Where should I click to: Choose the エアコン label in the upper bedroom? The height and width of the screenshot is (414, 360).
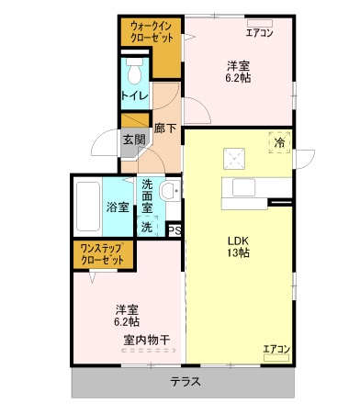[258, 33]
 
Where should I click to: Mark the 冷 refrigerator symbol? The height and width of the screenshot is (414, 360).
[278, 141]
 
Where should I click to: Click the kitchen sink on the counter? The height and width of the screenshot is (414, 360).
[245, 187]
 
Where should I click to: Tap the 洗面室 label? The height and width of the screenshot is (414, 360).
[147, 196]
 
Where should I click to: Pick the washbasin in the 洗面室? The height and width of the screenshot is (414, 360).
[168, 192]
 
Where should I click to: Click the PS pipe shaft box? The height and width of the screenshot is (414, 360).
[173, 229]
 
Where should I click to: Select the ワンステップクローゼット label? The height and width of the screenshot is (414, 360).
[100, 254]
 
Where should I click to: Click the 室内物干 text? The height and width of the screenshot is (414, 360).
[147, 340]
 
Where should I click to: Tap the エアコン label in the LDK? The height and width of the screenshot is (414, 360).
[276, 349]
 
